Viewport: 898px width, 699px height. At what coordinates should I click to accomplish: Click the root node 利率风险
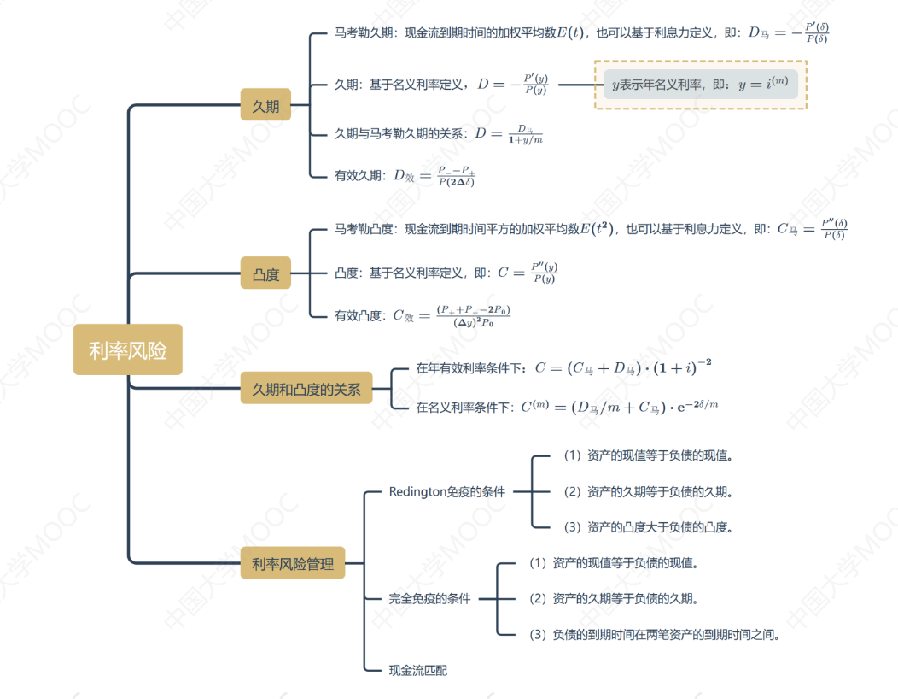(x=127, y=349)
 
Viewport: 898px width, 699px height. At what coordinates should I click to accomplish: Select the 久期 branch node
(x=265, y=106)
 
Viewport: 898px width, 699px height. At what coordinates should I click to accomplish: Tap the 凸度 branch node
(x=265, y=274)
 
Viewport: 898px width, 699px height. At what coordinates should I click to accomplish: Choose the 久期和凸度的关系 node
(x=306, y=390)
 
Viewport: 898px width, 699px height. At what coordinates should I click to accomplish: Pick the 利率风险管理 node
(x=292, y=563)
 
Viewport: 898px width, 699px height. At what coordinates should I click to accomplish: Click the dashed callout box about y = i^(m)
(x=700, y=85)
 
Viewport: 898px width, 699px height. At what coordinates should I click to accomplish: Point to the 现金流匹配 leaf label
(x=417, y=670)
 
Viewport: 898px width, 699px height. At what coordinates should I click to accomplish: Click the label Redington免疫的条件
(x=446, y=491)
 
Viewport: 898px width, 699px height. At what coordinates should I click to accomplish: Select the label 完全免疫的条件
(x=429, y=598)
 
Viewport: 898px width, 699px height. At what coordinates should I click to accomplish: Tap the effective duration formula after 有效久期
(x=434, y=175)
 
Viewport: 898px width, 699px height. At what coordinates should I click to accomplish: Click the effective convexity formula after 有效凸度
(x=452, y=315)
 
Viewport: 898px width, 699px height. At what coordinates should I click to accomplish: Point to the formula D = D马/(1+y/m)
(x=509, y=134)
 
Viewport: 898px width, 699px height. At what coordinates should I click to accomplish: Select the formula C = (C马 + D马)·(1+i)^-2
(x=623, y=368)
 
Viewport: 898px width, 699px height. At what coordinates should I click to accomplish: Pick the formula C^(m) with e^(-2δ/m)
(x=620, y=407)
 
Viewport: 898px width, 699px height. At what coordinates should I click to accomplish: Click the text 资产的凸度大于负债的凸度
(x=656, y=526)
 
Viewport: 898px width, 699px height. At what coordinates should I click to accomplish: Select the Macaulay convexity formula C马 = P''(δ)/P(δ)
(x=811, y=229)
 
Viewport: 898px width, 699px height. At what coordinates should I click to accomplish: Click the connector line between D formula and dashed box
(x=575, y=85)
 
